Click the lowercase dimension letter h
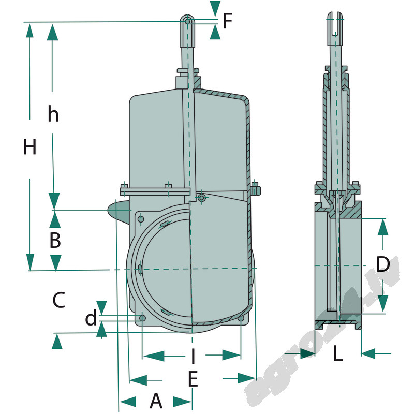click(x=53, y=114)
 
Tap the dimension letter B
click(x=55, y=240)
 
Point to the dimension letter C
click(x=58, y=300)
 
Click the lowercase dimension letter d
click(x=91, y=318)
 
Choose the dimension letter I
click(x=193, y=356)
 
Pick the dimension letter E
click(x=193, y=380)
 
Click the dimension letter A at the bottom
click(x=156, y=401)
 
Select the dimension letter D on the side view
click(x=382, y=264)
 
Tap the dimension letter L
click(x=337, y=354)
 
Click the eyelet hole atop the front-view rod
click(x=188, y=21)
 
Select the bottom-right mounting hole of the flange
click(x=241, y=318)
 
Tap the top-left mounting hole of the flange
click(x=140, y=219)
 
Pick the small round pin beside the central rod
click(x=201, y=197)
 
